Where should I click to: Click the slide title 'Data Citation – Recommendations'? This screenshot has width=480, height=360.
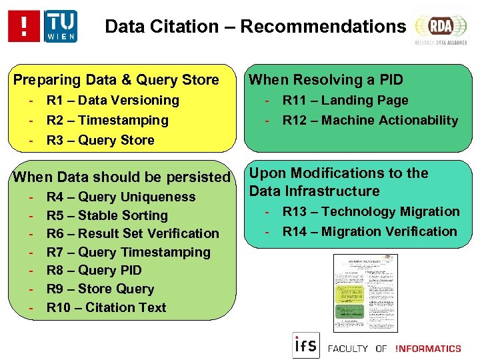(x=255, y=27)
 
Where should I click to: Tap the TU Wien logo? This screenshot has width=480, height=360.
(x=61, y=27)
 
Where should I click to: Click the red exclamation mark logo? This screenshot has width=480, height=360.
(x=24, y=27)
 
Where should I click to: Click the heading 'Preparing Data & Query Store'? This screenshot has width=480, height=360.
(x=117, y=80)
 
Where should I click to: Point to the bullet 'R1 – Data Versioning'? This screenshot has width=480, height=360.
(x=113, y=101)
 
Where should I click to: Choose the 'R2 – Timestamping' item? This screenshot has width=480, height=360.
(x=107, y=121)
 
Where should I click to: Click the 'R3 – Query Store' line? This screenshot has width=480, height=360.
(x=100, y=141)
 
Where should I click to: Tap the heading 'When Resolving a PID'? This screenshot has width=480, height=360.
(x=326, y=80)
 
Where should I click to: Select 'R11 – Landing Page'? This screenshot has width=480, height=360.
(x=345, y=101)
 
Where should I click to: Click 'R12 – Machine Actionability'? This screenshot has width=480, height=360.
(x=370, y=121)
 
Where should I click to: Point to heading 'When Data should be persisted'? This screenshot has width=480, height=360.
(x=121, y=177)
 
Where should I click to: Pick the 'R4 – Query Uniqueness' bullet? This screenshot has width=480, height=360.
(x=121, y=197)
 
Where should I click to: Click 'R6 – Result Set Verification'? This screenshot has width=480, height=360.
(x=133, y=234)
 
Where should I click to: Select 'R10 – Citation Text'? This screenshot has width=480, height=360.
(x=107, y=307)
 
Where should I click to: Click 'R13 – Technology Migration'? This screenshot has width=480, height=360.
(x=371, y=212)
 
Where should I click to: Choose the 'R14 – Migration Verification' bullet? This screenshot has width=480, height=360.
(x=369, y=232)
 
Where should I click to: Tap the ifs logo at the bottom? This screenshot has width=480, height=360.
(x=306, y=345)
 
